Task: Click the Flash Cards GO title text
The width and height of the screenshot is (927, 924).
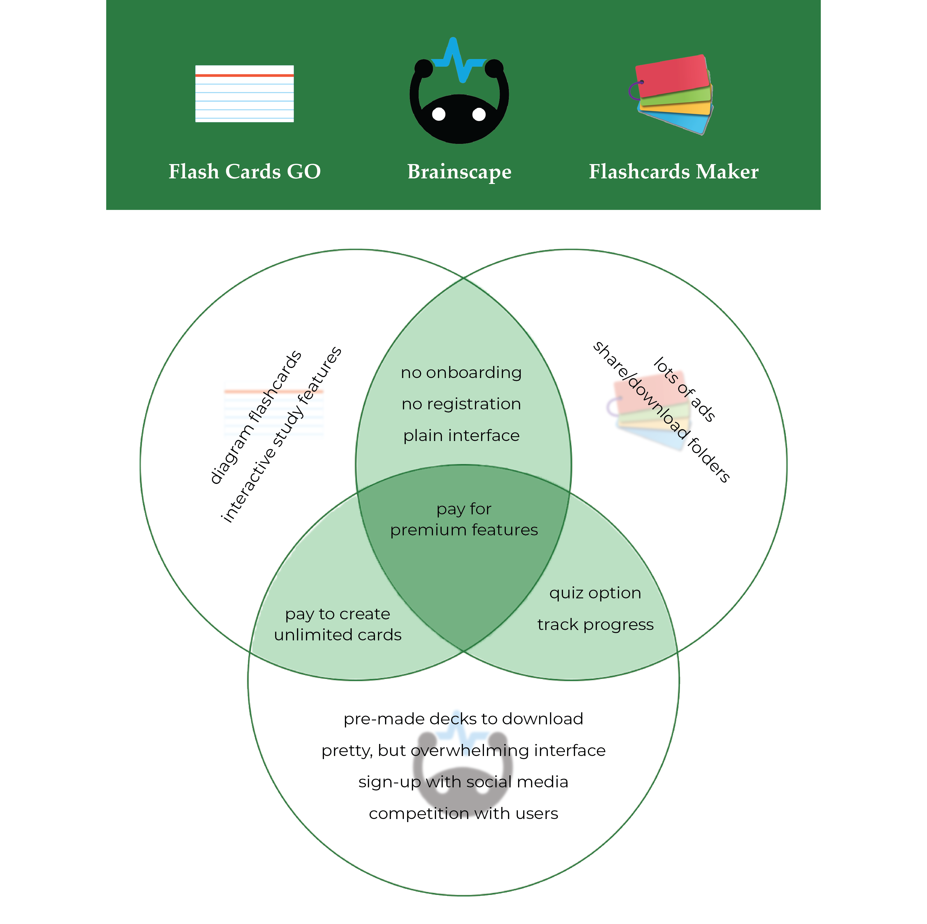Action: [x=244, y=172]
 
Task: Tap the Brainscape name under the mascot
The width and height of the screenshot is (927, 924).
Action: [x=459, y=172]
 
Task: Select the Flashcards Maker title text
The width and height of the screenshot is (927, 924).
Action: [x=674, y=172]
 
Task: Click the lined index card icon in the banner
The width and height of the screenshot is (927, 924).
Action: [x=244, y=94]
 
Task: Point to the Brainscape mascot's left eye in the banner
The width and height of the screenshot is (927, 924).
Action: [x=439, y=114]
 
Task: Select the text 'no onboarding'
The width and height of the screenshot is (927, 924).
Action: [x=461, y=373]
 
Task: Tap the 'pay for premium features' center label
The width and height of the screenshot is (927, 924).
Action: [x=463, y=519]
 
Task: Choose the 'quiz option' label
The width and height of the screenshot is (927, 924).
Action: [x=595, y=593]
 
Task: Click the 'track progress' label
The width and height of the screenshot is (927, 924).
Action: [x=595, y=625]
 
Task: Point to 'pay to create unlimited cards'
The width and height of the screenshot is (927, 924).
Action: [x=338, y=624]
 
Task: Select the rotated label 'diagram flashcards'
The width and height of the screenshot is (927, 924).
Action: [x=256, y=417]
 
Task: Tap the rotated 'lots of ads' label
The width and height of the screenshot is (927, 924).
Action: [x=685, y=389]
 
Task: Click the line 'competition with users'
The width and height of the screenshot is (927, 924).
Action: [x=463, y=814]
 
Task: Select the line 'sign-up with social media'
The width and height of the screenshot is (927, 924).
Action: [x=463, y=782]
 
